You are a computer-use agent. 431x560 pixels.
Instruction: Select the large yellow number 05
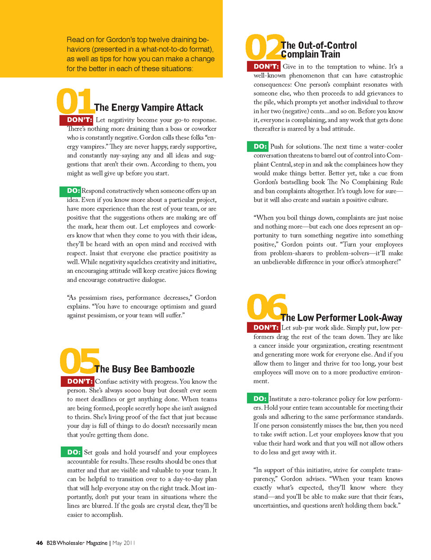pos(78,361)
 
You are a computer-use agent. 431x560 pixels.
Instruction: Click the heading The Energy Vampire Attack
pos(149,107)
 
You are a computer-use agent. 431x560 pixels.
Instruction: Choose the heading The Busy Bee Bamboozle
pos(145,369)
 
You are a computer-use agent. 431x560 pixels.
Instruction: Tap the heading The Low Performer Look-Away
pos(341,317)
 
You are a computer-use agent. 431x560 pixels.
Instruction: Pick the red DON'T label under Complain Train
pos(264,66)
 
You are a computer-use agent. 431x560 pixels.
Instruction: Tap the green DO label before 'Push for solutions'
pos(258,147)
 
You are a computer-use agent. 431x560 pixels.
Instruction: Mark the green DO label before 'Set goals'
pos(73,452)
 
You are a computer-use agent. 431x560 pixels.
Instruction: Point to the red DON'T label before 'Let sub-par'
pos(264,327)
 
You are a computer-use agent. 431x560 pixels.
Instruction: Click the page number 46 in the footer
pos(40,543)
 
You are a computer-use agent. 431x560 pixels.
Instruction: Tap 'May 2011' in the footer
pos(124,543)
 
